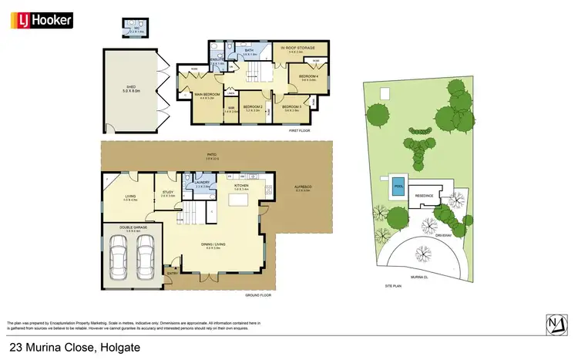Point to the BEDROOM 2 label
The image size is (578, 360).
click(x=254, y=107)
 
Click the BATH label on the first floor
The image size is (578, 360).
click(x=249, y=51)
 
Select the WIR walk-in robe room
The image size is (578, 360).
click(x=231, y=109)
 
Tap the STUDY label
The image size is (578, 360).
click(x=167, y=193)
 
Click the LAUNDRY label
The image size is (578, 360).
click(x=203, y=183)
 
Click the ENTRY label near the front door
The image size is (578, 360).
click(x=172, y=271)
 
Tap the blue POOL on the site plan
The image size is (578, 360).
click(x=398, y=187)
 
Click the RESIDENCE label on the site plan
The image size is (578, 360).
click(x=425, y=195)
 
